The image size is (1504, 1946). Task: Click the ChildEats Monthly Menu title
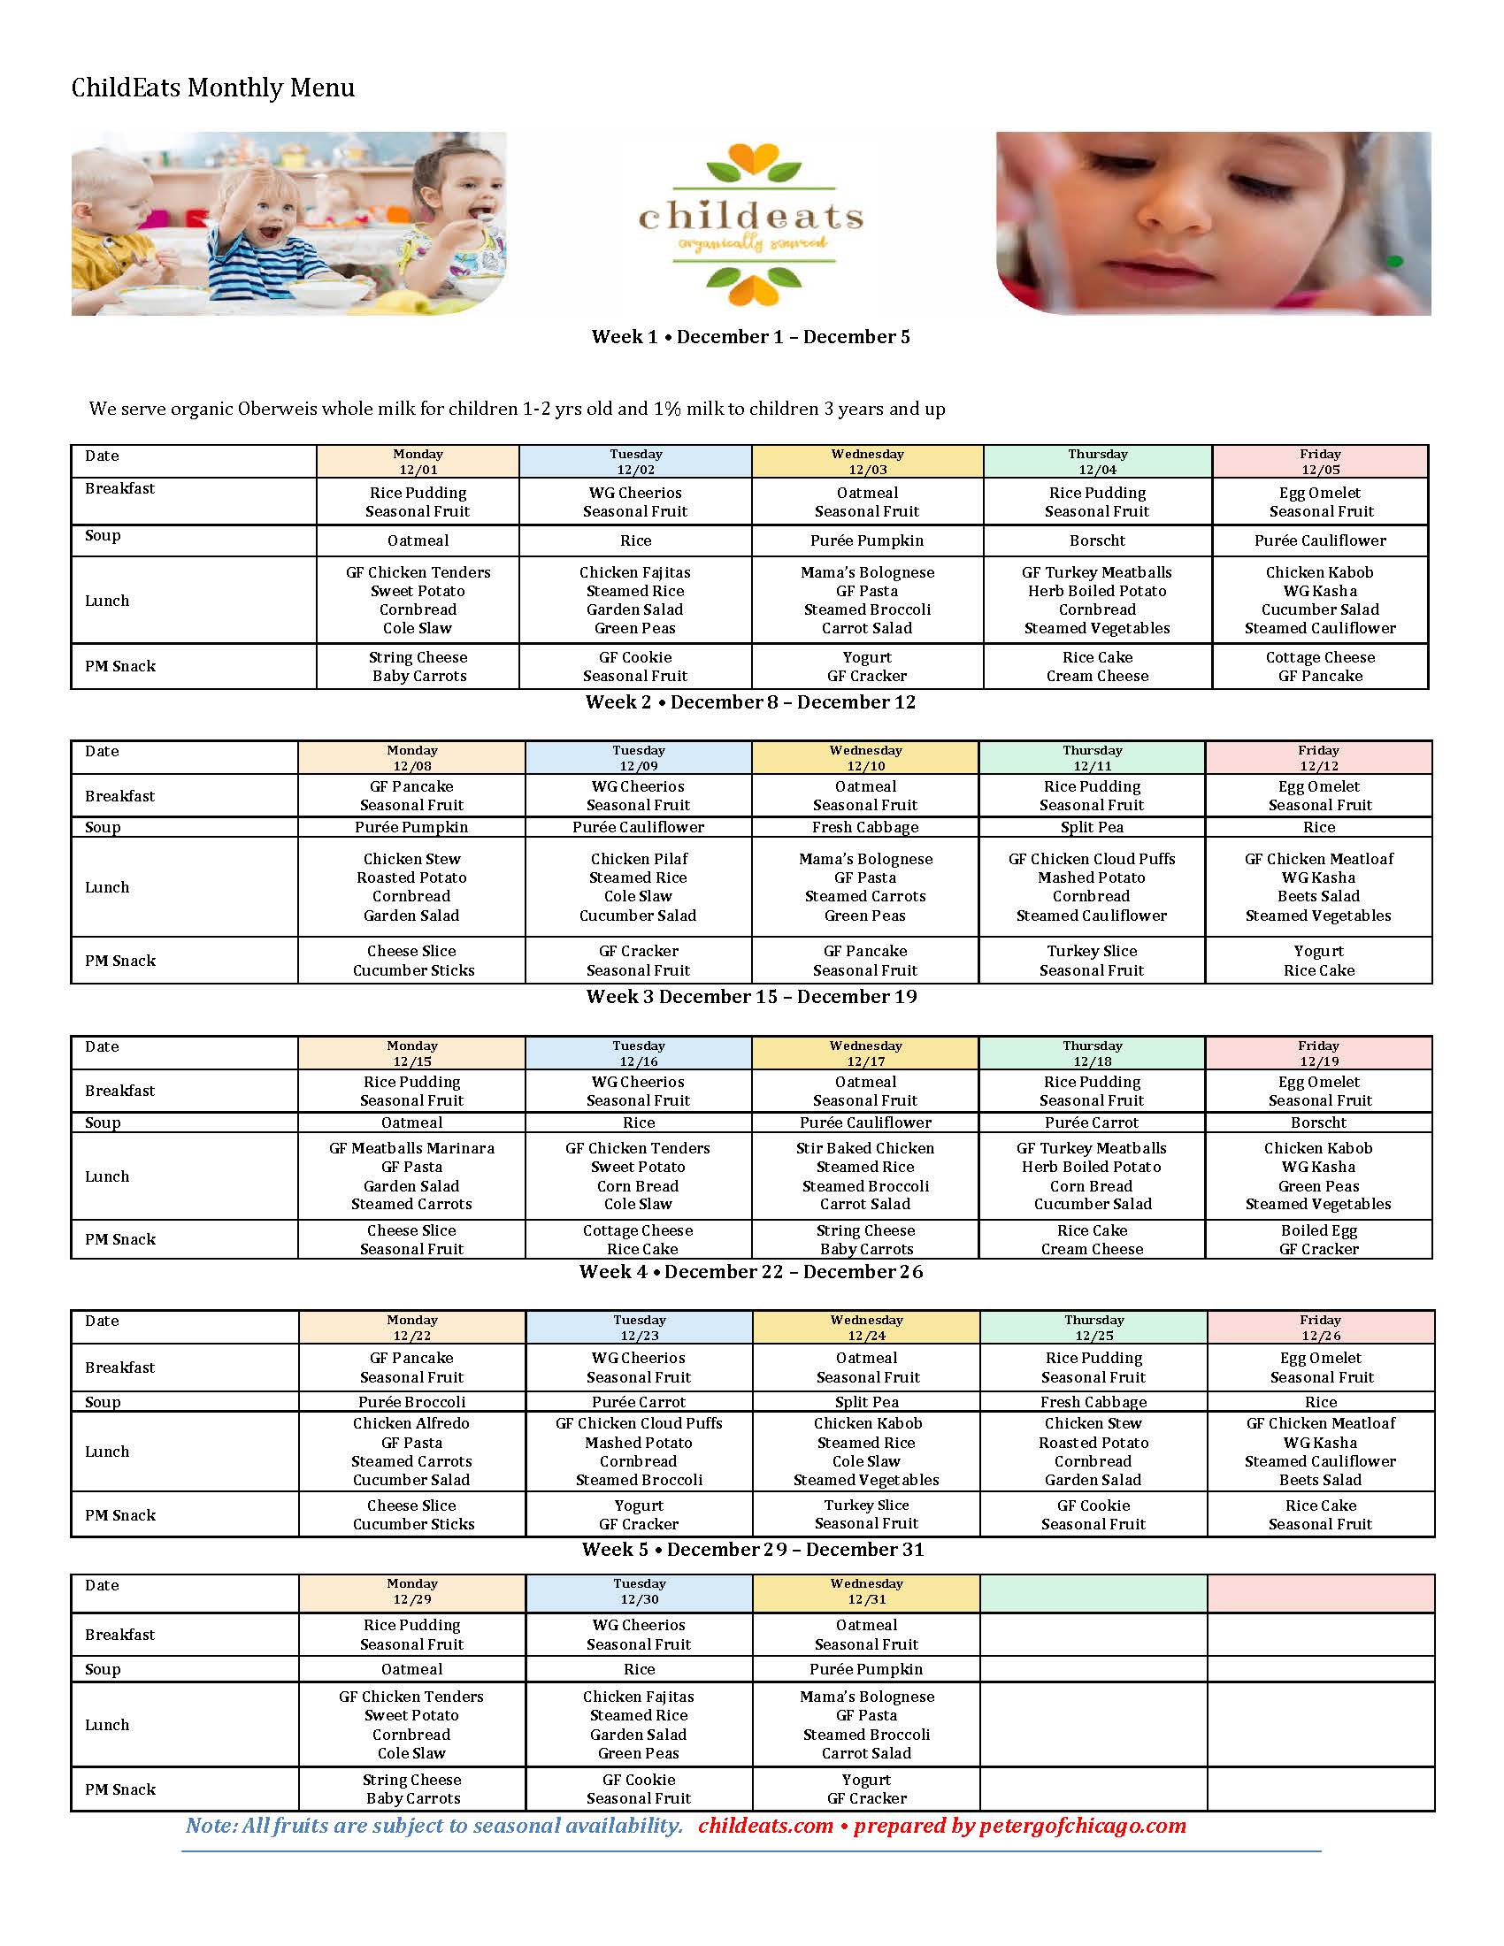click(213, 88)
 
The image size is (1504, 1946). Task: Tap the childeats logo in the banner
click(750, 225)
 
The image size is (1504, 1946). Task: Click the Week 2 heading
click(750, 702)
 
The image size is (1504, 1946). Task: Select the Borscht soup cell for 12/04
click(1097, 540)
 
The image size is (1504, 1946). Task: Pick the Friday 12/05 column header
click(1320, 462)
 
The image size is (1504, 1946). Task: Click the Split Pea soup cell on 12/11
click(1092, 827)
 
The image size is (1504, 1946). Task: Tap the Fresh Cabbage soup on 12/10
click(865, 827)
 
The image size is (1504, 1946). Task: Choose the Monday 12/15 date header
click(411, 1053)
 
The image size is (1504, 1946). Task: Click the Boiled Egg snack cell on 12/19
click(1319, 1239)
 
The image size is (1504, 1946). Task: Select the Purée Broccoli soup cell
click(411, 1402)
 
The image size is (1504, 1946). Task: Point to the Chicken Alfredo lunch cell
click(411, 1452)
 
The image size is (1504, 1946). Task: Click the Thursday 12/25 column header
click(1093, 1328)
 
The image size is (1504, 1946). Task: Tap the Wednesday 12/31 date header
click(866, 1591)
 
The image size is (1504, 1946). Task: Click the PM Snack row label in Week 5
click(120, 1789)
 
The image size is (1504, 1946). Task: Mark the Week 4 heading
click(750, 1272)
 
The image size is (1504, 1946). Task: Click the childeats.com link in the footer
click(765, 1826)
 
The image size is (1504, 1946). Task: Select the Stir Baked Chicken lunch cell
click(865, 1176)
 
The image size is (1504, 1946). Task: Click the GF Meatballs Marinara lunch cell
click(411, 1176)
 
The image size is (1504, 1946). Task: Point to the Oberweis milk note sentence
click(517, 409)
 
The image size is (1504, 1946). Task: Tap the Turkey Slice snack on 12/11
click(1092, 961)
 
